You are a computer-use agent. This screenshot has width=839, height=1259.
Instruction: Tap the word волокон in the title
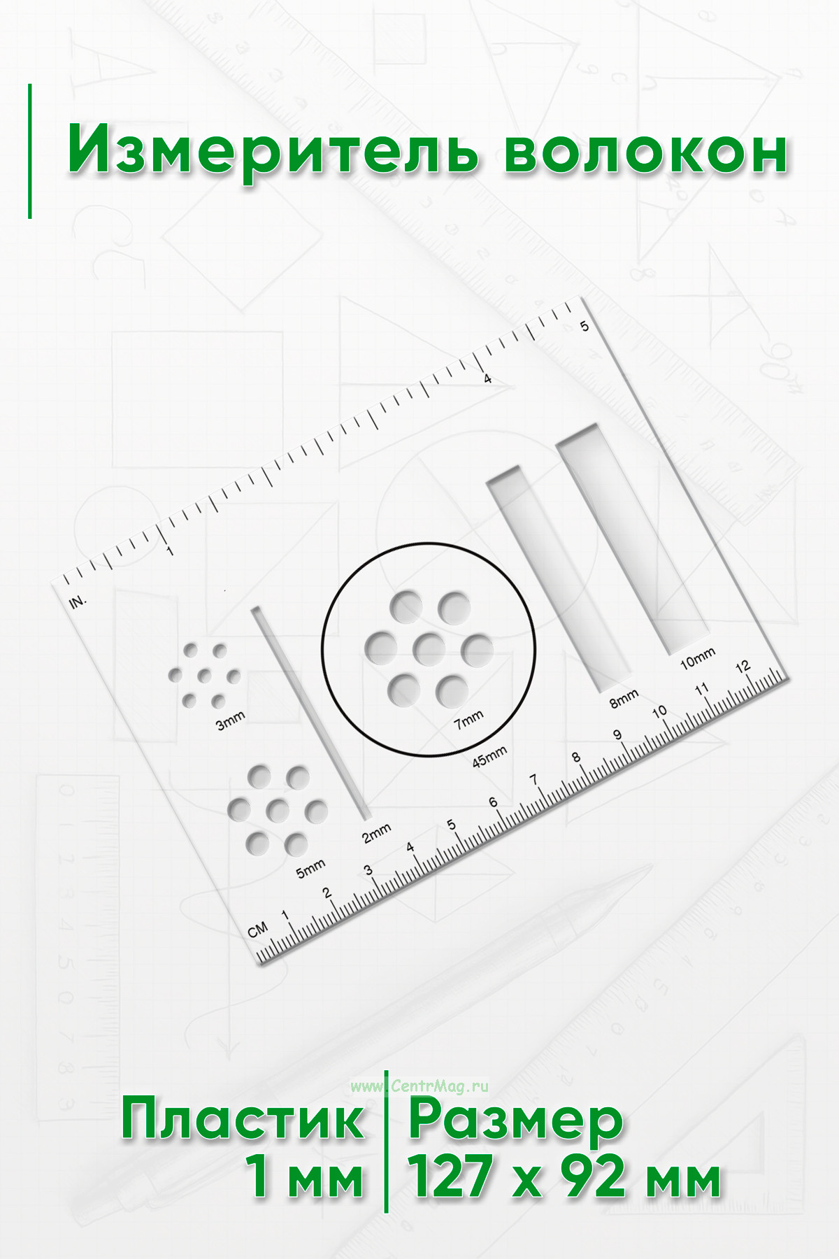tap(646, 150)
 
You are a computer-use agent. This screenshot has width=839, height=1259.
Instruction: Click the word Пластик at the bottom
tap(243, 1120)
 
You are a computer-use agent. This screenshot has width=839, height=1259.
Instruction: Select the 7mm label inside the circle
tap(468, 719)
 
